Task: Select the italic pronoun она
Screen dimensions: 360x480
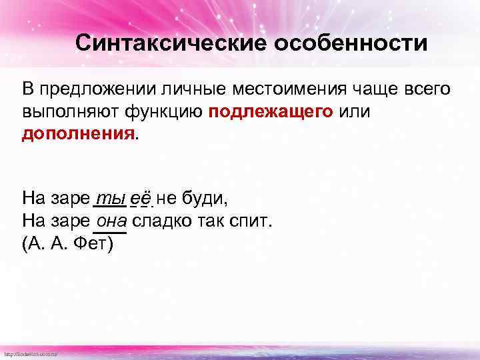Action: [112, 221]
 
